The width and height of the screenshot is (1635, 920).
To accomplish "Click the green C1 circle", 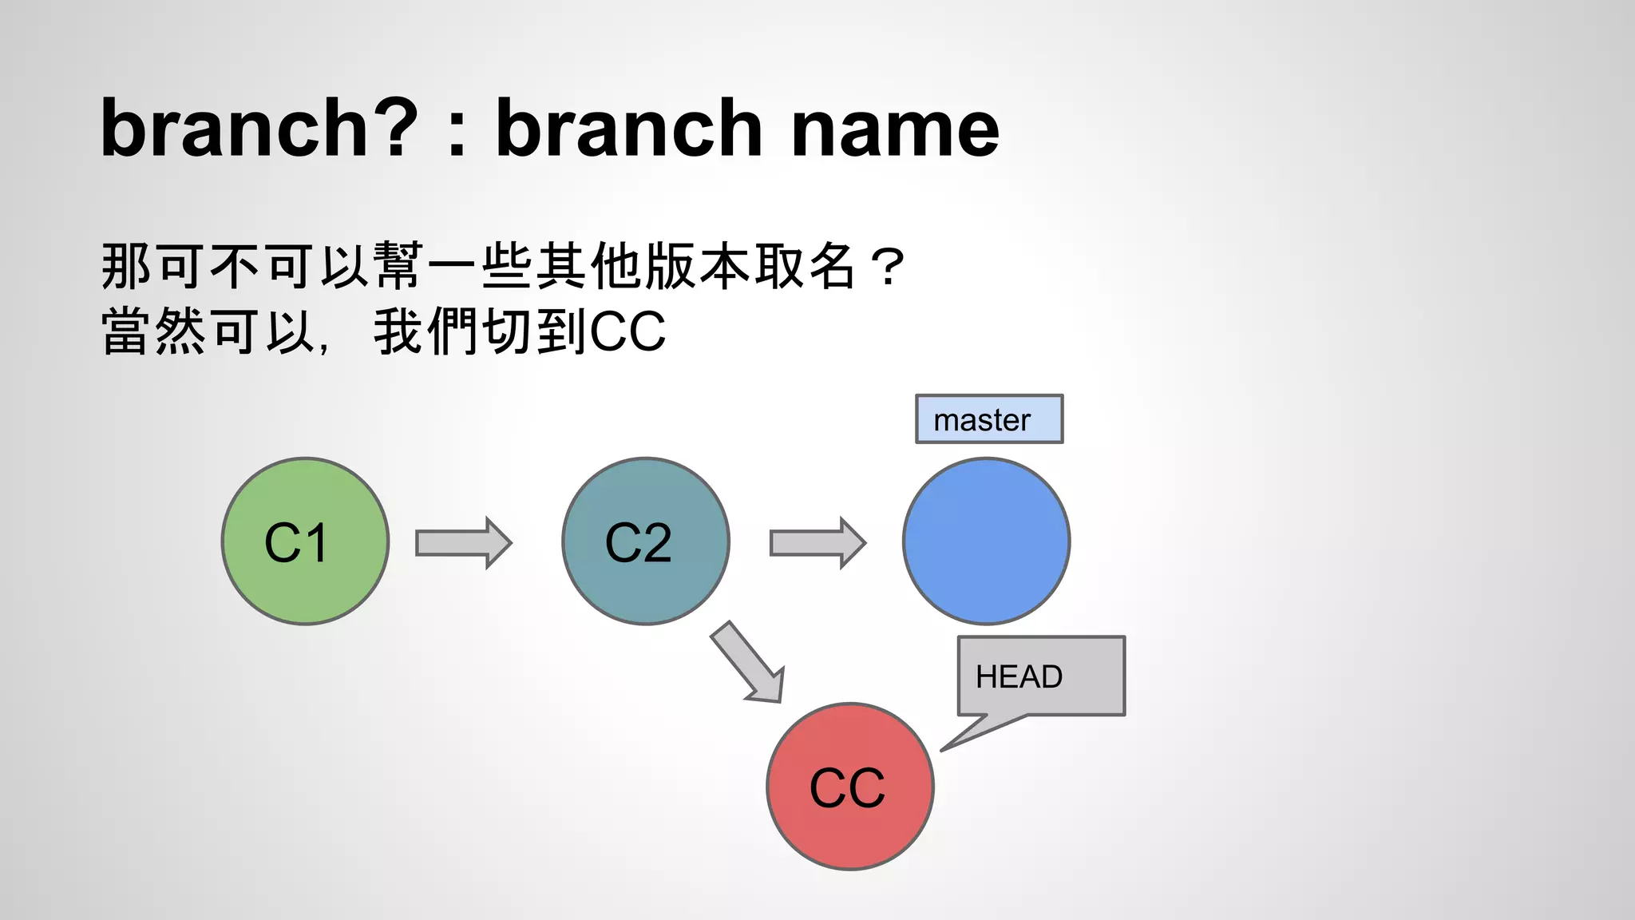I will tap(305, 541).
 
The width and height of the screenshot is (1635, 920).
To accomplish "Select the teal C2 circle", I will tap(645, 541).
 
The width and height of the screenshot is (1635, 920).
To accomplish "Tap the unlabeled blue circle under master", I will tap(986, 541).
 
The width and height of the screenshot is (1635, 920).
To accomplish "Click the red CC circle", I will tap(849, 787).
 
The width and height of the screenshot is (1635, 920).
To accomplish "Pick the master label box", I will tap(988, 419).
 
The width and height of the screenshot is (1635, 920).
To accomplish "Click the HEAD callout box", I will tap(1041, 676).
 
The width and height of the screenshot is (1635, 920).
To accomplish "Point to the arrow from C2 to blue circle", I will tap(817, 543).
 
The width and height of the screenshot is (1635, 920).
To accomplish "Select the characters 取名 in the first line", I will tap(806, 266).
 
